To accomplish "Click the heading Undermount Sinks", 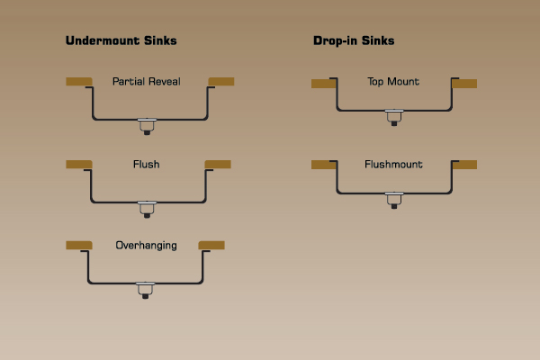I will (121, 40).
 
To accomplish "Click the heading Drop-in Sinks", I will (354, 40).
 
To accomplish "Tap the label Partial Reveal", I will (147, 82).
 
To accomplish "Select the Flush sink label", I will (147, 165).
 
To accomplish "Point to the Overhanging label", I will (147, 245).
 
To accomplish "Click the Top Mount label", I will (394, 82).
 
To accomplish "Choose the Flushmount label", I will (394, 165).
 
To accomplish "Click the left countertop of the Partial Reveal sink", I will (79, 82).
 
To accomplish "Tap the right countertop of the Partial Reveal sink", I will (221, 82).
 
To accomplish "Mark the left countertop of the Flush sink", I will (79, 164).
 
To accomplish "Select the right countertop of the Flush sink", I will (219, 164).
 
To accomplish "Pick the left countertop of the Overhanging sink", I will (79, 245).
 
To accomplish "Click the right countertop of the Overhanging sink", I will (211, 245).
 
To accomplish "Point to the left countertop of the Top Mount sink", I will (323, 84).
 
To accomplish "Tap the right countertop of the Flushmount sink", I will (464, 165).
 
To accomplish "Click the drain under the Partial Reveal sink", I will (147, 125).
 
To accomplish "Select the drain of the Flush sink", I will (147, 208).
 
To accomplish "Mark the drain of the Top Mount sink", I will (394, 116).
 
